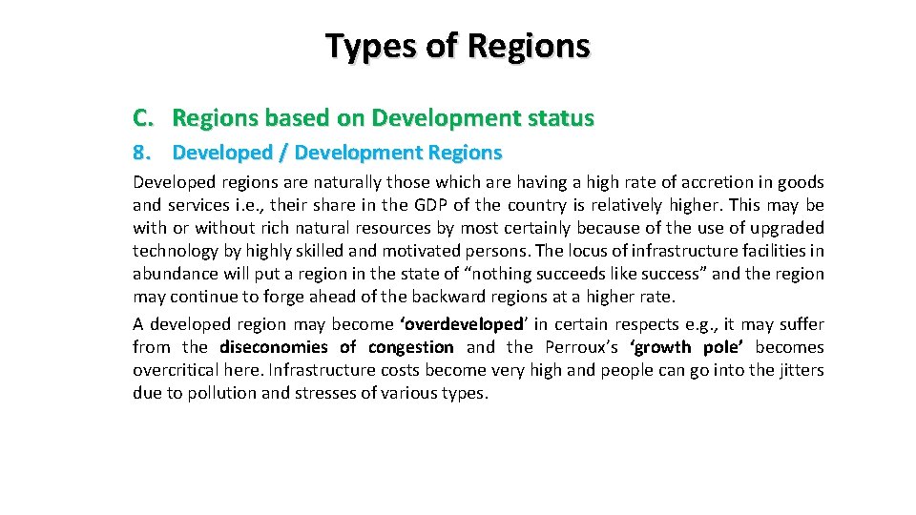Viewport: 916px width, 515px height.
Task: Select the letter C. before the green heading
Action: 143,118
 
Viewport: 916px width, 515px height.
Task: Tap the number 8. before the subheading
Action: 142,153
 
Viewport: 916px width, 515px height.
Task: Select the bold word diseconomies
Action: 274,347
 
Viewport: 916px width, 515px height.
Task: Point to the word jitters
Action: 798,370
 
